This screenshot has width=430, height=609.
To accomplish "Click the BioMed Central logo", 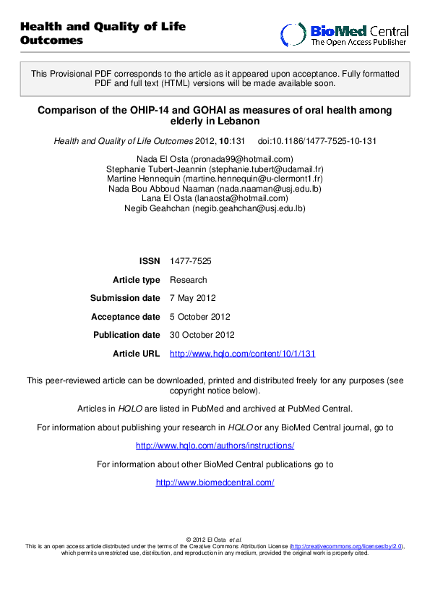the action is (345, 34).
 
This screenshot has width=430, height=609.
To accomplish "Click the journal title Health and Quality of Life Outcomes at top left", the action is (103, 33).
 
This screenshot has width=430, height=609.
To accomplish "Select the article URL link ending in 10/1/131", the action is (242, 354).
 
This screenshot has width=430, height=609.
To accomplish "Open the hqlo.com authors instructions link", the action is (215, 446).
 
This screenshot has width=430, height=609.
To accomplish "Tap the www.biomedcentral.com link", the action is (215, 482).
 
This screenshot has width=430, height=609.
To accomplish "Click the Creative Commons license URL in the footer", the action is (346, 547).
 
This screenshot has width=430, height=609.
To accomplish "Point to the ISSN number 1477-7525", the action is (191, 260).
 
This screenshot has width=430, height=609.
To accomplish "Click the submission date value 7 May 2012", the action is (192, 298).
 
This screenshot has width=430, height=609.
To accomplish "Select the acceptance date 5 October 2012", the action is (199, 317).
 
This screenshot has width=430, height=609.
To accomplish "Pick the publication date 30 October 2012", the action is (202, 335).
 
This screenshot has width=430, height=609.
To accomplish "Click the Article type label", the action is (137, 280).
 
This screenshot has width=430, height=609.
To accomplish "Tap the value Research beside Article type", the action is (188, 280).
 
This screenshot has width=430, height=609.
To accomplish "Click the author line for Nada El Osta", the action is (215, 159).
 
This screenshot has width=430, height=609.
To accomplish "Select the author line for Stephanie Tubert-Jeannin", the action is (215, 169).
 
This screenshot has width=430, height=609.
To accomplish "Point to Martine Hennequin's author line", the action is (215, 179).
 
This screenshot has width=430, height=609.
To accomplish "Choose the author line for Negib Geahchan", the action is (215, 208).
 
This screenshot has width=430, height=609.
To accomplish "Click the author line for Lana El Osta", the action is (215, 198).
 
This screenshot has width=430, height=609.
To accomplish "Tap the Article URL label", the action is (136, 354).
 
